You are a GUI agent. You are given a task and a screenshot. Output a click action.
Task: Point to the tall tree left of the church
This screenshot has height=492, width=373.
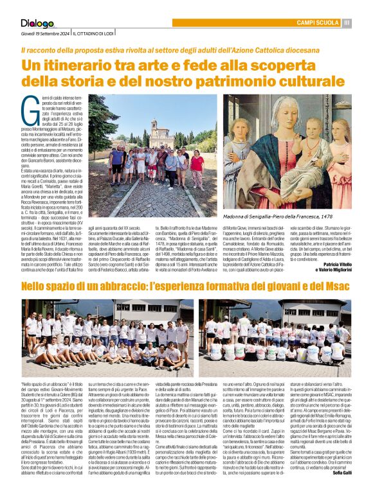[99, 122]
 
